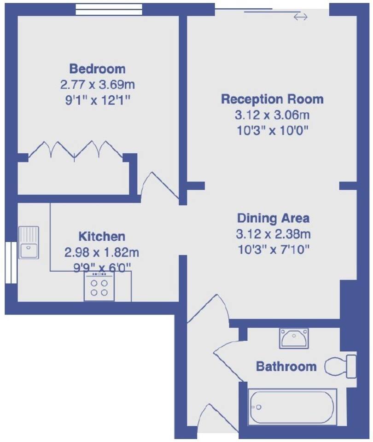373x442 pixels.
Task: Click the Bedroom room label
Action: (x=97, y=69)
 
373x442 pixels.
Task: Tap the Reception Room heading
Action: (x=272, y=99)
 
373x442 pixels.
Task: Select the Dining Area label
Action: (x=273, y=218)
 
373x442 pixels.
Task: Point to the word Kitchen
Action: (x=102, y=237)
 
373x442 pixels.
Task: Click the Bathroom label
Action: (x=286, y=366)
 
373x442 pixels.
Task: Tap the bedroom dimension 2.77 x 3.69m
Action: (x=97, y=84)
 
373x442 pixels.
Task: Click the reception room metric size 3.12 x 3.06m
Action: (x=272, y=115)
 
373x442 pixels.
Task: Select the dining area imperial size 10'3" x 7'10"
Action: (x=274, y=250)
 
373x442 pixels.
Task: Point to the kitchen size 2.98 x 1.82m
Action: (x=102, y=252)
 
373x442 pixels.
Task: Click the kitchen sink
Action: (x=29, y=242)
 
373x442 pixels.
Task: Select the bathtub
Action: (x=292, y=407)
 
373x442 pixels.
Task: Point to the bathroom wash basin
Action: (x=294, y=338)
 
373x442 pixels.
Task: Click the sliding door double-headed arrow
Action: (x=300, y=17)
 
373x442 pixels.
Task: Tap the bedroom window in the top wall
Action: (x=109, y=9)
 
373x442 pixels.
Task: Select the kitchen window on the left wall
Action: (x=11, y=262)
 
